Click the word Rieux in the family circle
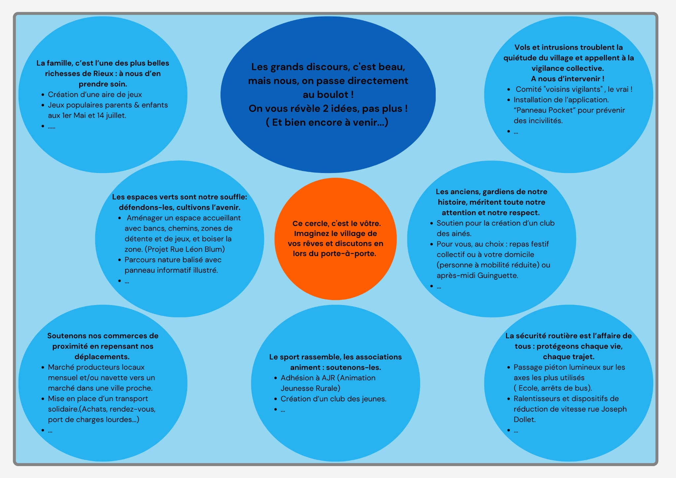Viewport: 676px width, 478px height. point(103,74)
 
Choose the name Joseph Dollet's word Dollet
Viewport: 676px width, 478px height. point(524,420)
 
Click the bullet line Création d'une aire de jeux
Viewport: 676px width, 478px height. point(95,95)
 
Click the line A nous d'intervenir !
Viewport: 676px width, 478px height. point(568,79)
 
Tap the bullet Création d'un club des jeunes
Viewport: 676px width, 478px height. point(333,399)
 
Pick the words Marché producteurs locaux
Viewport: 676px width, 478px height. point(96,367)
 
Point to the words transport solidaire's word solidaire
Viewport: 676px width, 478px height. point(63,409)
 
